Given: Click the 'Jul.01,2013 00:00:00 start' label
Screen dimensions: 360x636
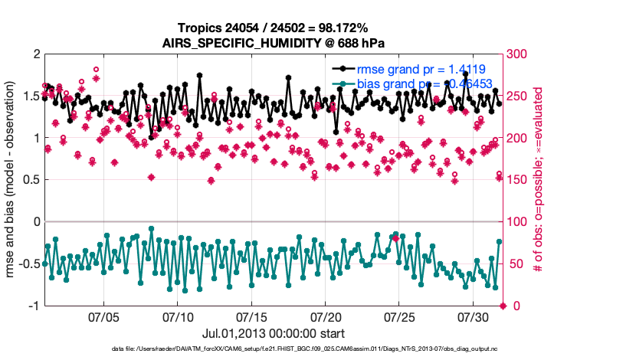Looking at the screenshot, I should (273, 333).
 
